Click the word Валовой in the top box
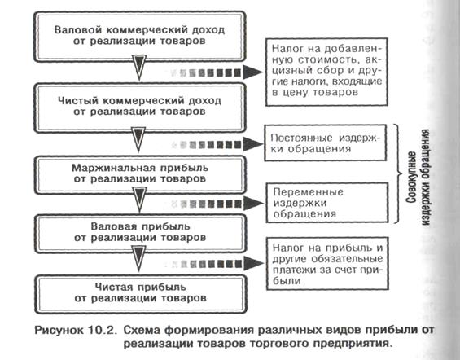(x=77, y=30)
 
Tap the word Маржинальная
(x=113, y=168)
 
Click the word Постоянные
(x=301, y=138)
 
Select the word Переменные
(x=308, y=192)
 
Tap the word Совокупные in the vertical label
(x=412, y=178)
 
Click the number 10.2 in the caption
(x=100, y=331)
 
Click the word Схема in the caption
(x=142, y=331)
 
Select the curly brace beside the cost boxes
(x=398, y=173)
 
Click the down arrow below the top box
(x=139, y=67)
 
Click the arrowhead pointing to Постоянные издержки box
(x=252, y=144)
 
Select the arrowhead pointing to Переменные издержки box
(x=253, y=203)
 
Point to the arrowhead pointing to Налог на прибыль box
(x=253, y=263)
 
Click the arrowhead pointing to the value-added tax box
(x=253, y=72)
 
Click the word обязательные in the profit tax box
(x=347, y=259)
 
